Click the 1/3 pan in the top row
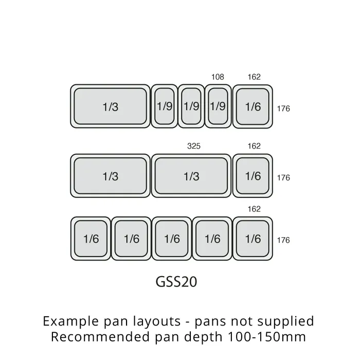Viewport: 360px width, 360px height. [x=111, y=106]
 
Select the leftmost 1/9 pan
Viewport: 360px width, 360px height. [x=164, y=106]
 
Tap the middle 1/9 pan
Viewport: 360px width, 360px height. [x=191, y=106]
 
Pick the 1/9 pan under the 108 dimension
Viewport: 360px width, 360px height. [x=218, y=106]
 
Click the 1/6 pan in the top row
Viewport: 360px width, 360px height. [x=253, y=106]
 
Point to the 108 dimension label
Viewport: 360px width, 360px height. [x=218, y=77]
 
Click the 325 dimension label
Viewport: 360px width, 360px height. [x=194, y=146]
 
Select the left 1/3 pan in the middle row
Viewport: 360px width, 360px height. [x=111, y=176]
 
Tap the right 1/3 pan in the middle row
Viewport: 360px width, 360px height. [x=191, y=176]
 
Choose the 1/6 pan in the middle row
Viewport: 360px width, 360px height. [x=253, y=176]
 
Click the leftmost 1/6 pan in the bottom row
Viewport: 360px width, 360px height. [x=91, y=239]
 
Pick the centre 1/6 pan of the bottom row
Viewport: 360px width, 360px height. [x=172, y=239]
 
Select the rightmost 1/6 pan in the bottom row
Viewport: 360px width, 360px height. [x=253, y=239]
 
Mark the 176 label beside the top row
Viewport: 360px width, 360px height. [x=283, y=109]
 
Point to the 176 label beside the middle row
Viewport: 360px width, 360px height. [x=283, y=177]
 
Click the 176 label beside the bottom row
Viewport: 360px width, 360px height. [x=283, y=240]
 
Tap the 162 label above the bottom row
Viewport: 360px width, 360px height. [x=254, y=209]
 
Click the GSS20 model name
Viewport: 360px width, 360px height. [x=176, y=282]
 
